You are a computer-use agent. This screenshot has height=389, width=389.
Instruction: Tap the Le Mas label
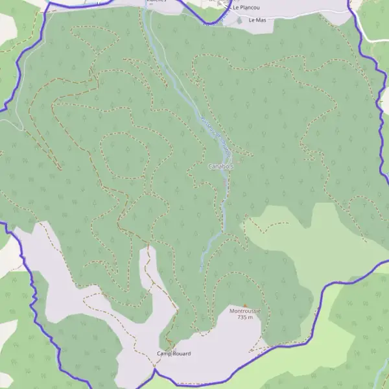(257, 20)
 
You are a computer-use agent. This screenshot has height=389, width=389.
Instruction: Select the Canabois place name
(220, 167)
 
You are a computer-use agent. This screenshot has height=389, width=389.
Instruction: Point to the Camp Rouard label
(174, 353)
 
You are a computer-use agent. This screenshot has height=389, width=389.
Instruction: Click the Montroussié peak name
(245, 311)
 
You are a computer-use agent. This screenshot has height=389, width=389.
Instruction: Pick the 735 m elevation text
(245, 318)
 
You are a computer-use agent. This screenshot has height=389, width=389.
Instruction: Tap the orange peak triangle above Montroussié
(245, 305)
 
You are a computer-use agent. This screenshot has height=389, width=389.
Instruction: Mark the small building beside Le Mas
(240, 21)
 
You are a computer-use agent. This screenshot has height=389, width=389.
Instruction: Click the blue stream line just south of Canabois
(224, 194)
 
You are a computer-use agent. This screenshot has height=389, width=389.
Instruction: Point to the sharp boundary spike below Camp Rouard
(154, 368)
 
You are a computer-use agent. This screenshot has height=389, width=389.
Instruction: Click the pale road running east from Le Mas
(305, 13)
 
